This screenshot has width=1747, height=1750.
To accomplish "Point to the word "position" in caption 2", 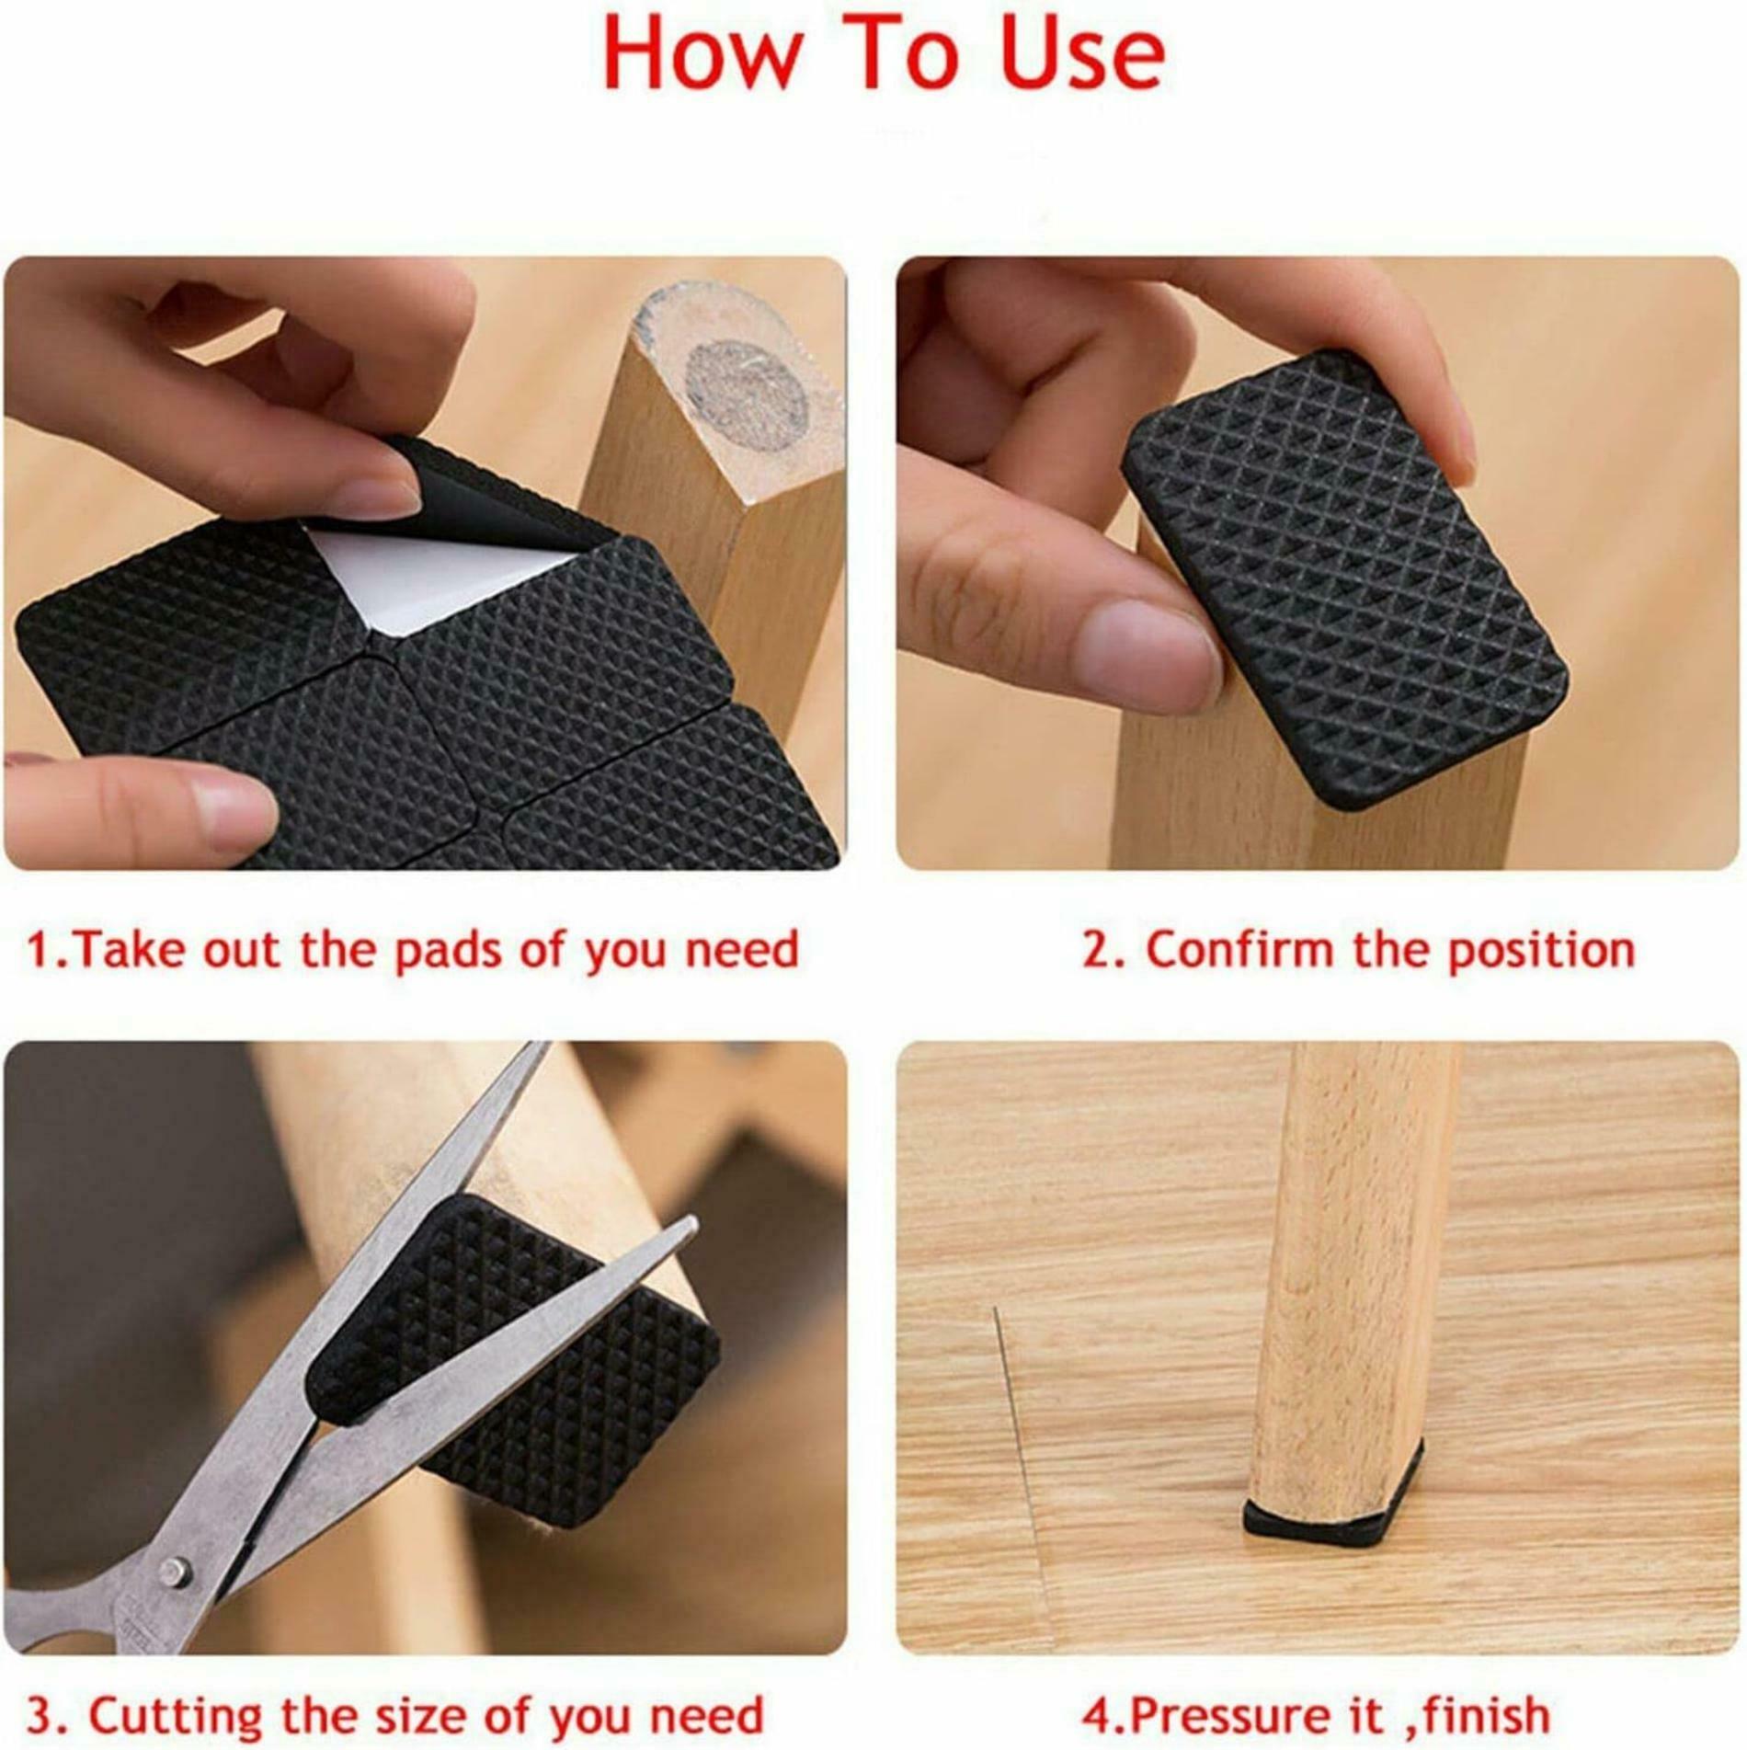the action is pyautogui.click(x=1542, y=951).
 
